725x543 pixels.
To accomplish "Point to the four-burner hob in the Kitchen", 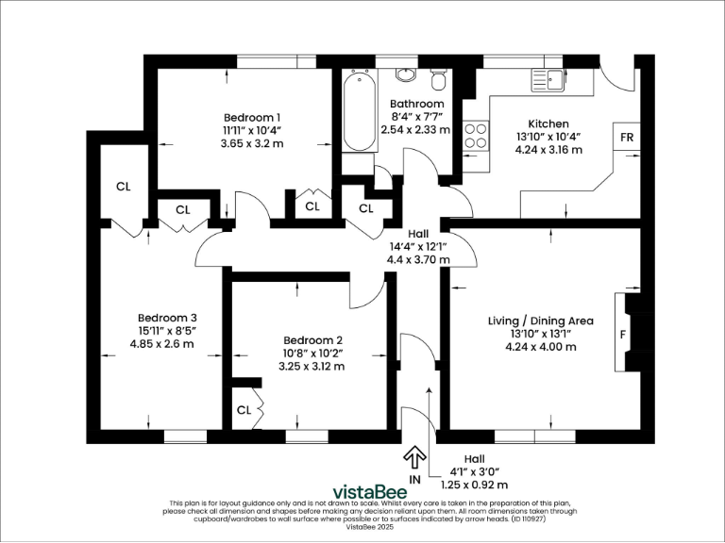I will tap(476, 137).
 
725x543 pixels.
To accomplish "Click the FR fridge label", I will tap(626, 137).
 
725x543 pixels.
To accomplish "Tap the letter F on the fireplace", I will tap(622, 334).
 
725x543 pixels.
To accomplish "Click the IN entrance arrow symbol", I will tap(413, 458).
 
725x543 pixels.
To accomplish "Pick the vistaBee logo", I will tap(369, 491).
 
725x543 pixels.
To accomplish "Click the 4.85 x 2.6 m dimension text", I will tap(166, 344).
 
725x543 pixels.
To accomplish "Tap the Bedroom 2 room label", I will tap(312, 340).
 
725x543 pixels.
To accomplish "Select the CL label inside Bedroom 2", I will tap(244, 410).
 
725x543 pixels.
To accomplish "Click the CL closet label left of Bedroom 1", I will tap(123, 187).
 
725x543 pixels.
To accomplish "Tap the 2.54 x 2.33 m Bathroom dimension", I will tap(415, 130).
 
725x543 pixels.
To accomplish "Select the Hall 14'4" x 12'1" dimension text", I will tap(418, 246).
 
